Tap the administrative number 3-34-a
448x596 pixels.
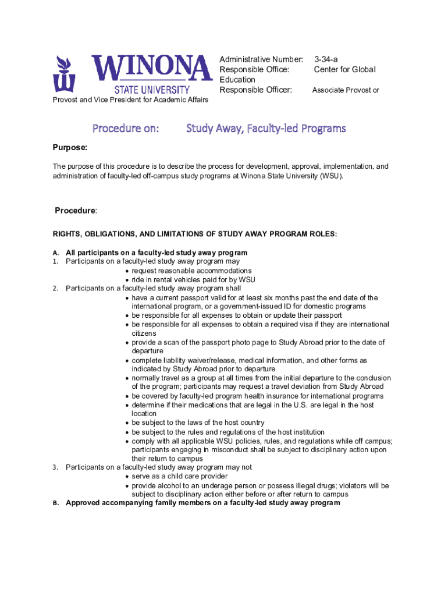coord(326,59)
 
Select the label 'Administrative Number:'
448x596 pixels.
coord(261,59)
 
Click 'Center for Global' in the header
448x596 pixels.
coord(344,70)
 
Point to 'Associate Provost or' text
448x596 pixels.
coord(346,90)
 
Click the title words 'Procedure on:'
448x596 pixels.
coord(125,128)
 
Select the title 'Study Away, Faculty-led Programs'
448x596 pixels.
coord(266,128)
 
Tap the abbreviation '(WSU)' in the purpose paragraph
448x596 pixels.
coord(330,175)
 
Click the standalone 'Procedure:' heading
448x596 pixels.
coord(76,210)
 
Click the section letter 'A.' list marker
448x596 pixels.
coord(56,253)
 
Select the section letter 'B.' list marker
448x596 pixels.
coord(56,503)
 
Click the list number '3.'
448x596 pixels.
coord(56,467)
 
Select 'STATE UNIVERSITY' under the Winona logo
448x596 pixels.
coord(151,90)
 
